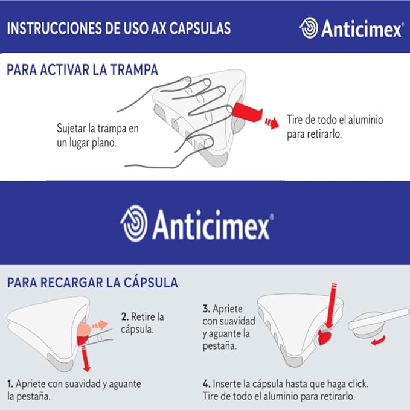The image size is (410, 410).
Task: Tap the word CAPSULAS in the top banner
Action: [200, 28]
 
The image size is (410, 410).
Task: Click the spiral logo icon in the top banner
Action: [309, 28]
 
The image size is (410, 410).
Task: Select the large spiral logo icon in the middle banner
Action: [133, 223]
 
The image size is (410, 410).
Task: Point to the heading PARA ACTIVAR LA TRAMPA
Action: [82, 70]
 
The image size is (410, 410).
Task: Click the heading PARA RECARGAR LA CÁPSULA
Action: [92, 283]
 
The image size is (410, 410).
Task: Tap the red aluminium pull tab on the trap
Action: [247, 112]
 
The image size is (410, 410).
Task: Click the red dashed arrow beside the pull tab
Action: [272, 123]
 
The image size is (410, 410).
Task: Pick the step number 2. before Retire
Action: [125, 316]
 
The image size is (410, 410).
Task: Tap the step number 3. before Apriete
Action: [207, 309]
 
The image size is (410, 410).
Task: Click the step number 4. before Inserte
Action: [207, 384]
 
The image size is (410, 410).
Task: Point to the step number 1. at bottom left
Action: [10, 384]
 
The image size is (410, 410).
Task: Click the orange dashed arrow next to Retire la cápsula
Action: [100, 325]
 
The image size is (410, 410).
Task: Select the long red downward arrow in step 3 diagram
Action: [332, 306]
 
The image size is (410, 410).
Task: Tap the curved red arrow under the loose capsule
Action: [379, 341]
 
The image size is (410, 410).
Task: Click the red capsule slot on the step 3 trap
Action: [324, 337]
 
